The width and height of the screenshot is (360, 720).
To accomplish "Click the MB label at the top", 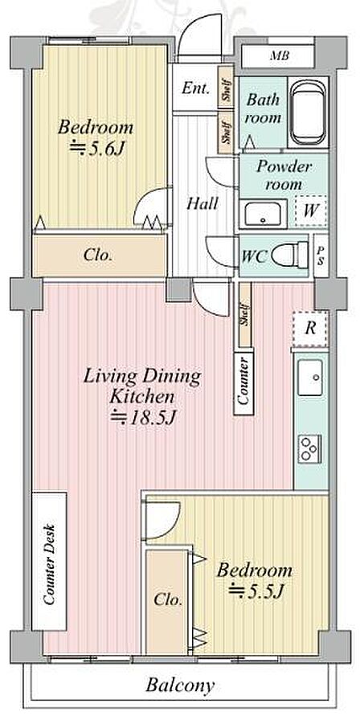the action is point(279,56).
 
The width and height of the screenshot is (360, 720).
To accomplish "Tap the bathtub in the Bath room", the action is point(308,112).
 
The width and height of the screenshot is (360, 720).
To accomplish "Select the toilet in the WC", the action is point(290,255).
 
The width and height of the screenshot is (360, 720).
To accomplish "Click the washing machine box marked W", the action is point(311,211).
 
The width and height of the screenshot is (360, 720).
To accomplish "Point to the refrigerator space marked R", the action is point(310,329).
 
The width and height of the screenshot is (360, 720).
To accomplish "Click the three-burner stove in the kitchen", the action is point(310,448).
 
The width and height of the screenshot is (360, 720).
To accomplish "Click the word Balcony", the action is point(180,686).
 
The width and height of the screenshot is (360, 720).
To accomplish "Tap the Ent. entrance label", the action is point(195,88).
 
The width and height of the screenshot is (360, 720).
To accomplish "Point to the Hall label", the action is point(202,203).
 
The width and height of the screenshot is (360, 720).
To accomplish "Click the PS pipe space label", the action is point(321,256).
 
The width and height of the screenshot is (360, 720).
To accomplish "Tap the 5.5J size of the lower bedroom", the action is point(255,591).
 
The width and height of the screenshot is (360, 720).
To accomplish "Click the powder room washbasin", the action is point(263,213).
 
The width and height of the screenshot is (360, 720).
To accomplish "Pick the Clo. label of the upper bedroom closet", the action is point(98,256).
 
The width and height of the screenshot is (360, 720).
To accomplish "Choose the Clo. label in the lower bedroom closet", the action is point(168,599).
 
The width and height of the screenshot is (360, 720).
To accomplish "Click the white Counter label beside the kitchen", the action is point(243,382).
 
